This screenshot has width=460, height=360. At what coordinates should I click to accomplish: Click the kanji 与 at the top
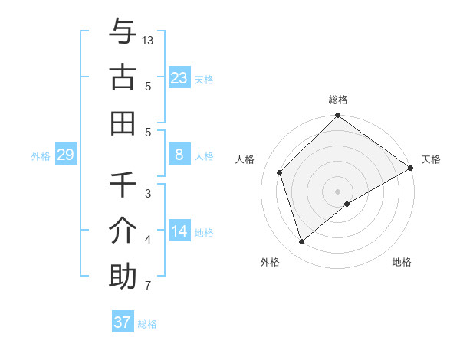point(123,32)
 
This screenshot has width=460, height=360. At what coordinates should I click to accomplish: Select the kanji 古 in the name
point(123,77)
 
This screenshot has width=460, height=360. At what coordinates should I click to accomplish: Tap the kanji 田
point(123,123)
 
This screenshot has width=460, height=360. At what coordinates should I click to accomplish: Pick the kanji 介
point(123,231)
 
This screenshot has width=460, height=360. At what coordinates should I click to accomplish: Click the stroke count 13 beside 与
point(149,40)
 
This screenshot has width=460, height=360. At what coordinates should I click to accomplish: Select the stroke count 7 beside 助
point(148,286)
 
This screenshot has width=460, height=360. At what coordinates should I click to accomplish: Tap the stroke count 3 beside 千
point(148,194)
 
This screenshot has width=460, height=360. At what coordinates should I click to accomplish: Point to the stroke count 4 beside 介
point(148,240)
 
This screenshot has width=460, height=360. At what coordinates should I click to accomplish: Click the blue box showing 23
point(179,77)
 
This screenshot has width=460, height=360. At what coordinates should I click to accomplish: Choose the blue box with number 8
point(179,155)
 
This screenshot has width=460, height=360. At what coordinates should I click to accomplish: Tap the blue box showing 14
point(179,231)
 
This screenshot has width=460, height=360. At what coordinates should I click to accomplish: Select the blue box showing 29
point(65,155)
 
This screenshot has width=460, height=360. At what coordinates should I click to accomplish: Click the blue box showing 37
point(122,322)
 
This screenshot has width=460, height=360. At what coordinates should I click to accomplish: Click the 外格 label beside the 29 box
point(41,155)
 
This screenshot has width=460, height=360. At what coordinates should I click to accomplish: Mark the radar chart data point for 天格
point(410,169)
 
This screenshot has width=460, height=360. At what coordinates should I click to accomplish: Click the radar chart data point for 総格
point(338,116)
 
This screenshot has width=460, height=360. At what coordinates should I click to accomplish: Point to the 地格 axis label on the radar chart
point(402,262)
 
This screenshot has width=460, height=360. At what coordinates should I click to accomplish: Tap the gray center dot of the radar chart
point(338,191)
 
